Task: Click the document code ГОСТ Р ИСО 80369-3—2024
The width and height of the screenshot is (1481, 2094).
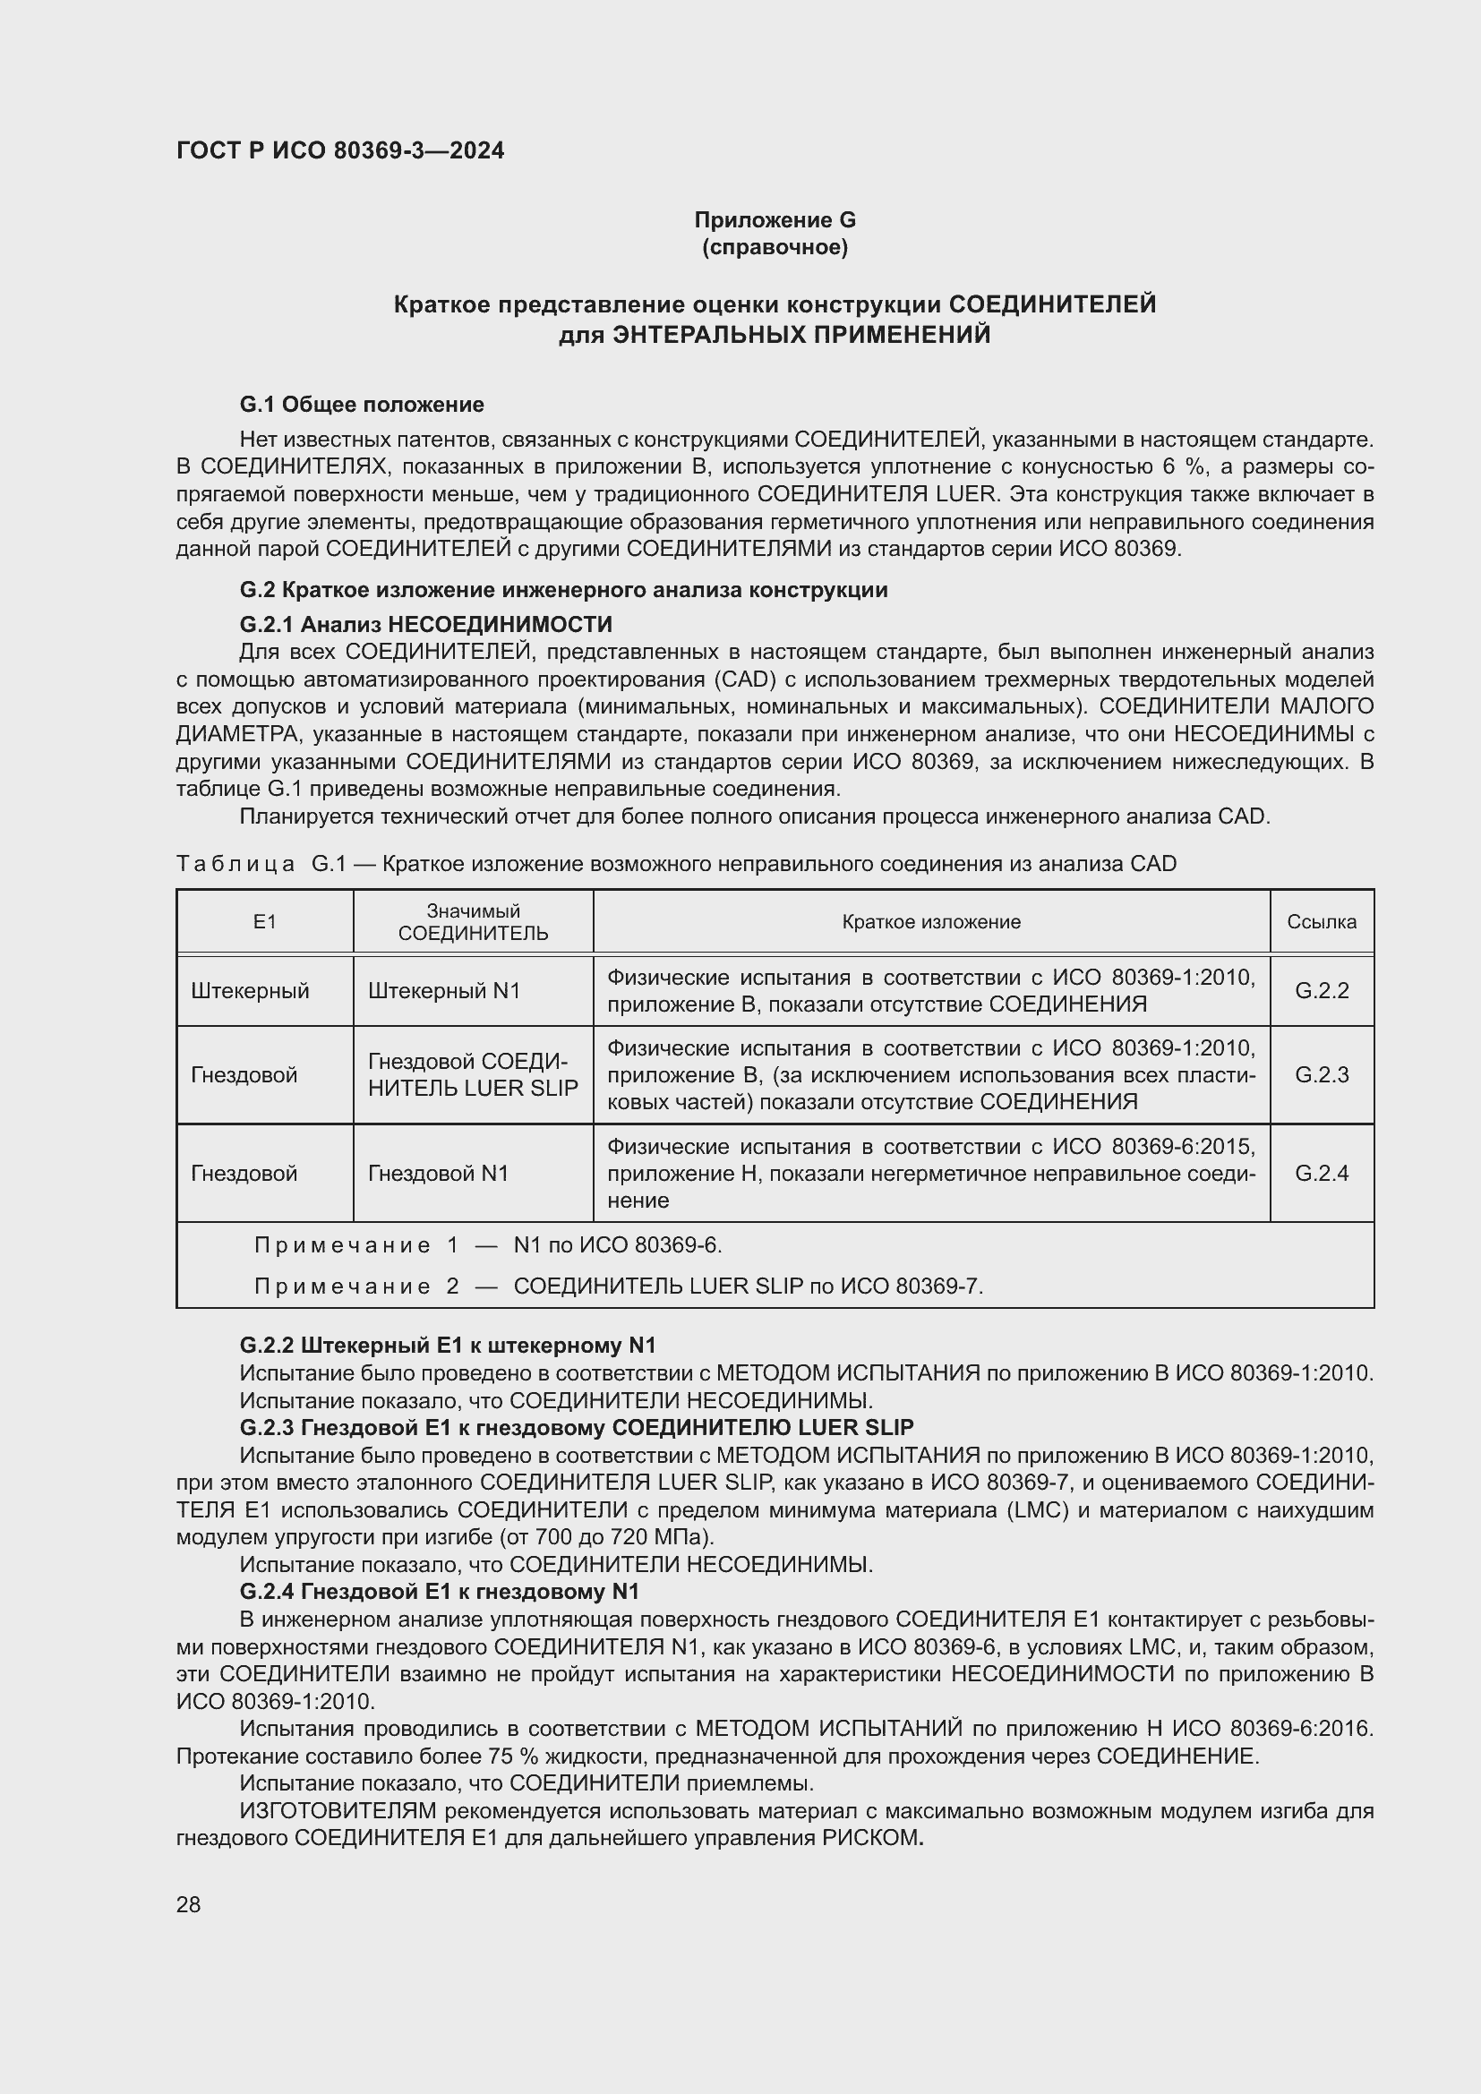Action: coord(340,151)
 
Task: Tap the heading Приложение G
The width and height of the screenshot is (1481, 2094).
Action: coord(775,220)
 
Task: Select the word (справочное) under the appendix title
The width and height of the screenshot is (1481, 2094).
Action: coord(775,247)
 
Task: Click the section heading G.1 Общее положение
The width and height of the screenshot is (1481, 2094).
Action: coord(361,405)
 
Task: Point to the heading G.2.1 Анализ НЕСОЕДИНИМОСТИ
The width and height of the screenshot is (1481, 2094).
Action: coord(425,625)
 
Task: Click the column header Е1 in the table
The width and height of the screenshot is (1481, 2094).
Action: coord(264,922)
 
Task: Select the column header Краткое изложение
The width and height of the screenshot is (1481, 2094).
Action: coord(930,922)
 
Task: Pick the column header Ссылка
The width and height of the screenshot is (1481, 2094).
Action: coord(1321,922)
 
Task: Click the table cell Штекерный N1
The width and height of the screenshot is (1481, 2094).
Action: coord(443,991)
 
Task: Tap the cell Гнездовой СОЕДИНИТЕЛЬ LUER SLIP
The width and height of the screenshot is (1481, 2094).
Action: coord(473,1075)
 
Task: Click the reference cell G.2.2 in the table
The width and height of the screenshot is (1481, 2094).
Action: coord(1322,991)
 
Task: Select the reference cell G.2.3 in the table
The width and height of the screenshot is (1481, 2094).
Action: coord(1322,1075)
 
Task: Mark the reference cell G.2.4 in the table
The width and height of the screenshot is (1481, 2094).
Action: coord(1322,1174)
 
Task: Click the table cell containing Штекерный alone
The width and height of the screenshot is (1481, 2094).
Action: coord(250,991)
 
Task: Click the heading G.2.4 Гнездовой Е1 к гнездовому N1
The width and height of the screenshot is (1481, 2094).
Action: coord(439,1593)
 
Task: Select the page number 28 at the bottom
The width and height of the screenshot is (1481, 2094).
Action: coord(189,1905)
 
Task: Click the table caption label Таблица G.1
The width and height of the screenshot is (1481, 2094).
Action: coord(261,864)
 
